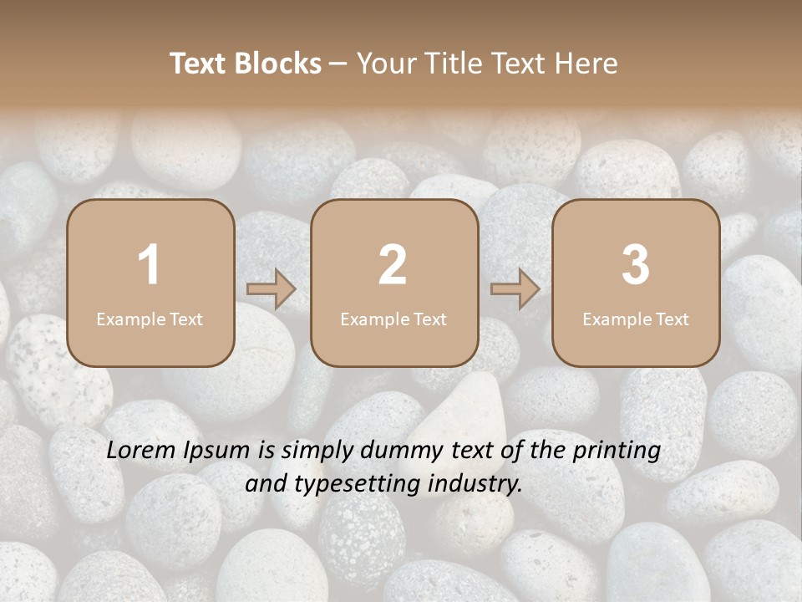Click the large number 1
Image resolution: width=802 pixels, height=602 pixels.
coord(150,265)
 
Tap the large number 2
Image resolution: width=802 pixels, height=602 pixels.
coord(393,265)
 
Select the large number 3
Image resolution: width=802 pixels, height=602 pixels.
coord(636,265)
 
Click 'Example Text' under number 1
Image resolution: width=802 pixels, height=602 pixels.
coord(150,319)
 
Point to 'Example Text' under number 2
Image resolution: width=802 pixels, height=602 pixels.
coord(393,319)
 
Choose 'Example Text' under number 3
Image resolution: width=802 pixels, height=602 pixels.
coord(636,319)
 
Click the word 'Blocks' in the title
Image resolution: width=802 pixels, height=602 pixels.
coord(279,64)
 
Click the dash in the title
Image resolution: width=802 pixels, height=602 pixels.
coord(338,64)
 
